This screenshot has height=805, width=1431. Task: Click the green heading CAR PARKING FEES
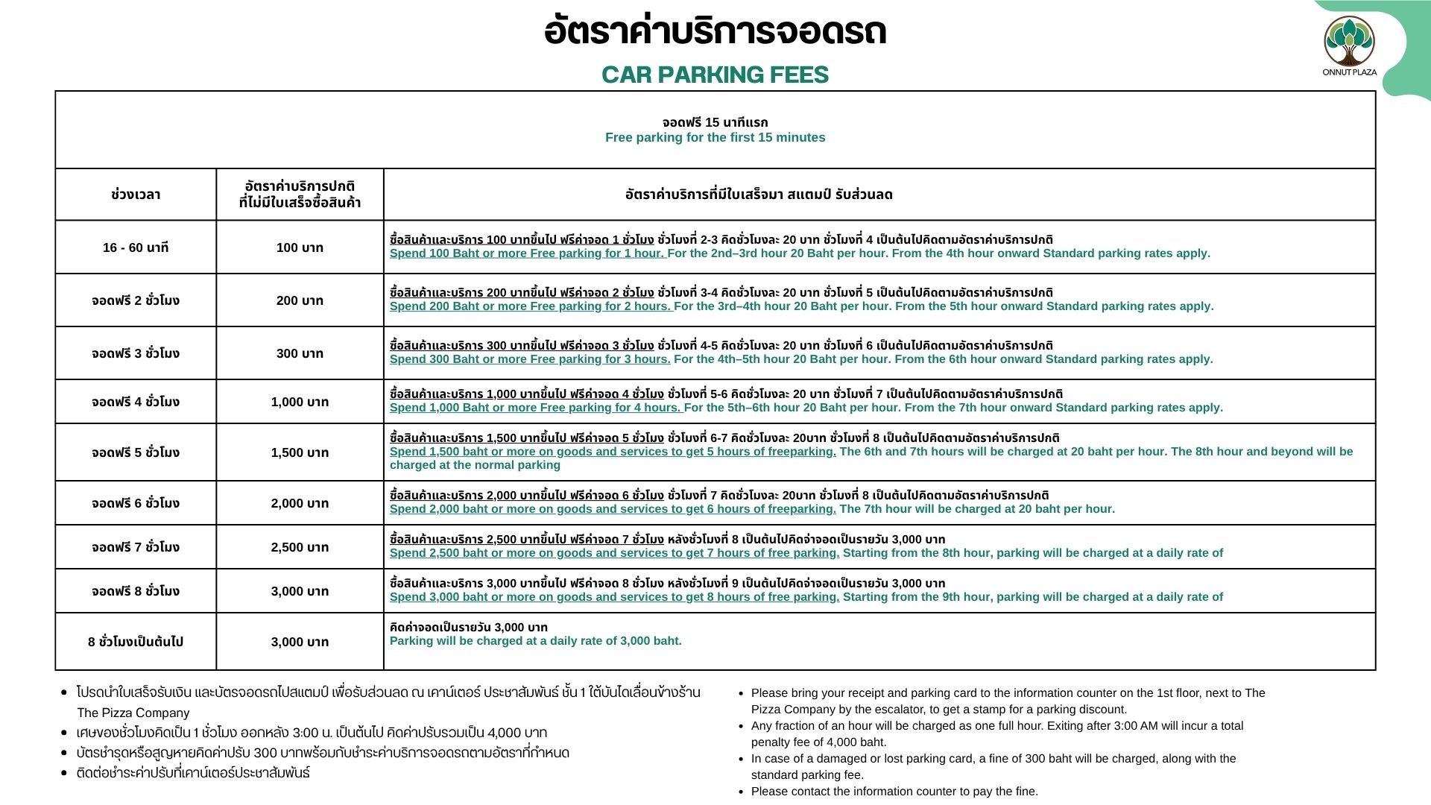[x=715, y=75]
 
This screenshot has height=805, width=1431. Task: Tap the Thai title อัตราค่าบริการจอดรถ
[x=715, y=32]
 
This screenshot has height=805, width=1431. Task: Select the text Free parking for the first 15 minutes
[x=715, y=137]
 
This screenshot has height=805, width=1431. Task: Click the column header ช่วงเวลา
[x=136, y=195]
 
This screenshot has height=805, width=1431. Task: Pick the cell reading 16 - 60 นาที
[x=136, y=247]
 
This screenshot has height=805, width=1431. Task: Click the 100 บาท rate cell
[x=300, y=247]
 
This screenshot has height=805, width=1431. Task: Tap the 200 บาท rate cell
[x=300, y=300]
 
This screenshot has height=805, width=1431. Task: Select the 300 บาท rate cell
[x=300, y=353]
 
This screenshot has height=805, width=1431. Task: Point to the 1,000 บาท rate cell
[x=300, y=402]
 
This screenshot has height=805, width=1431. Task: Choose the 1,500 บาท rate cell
[x=300, y=452]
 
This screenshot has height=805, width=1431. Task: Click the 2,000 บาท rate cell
[x=300, y=503]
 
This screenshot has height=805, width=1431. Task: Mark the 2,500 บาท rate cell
[x=300, y=547]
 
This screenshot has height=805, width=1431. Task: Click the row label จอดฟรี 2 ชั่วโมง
[x=136, y=300]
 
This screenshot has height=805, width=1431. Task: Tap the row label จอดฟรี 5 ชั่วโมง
[x=136, y=452]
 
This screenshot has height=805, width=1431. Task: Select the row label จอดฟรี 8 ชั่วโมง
[x=136, y=591]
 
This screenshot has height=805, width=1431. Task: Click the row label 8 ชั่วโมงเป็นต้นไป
[x=136, y=642]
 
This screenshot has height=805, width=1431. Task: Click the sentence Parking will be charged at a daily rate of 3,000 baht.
[x=535, y=641]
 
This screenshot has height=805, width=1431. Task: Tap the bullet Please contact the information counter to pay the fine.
[x=894, y=792]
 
